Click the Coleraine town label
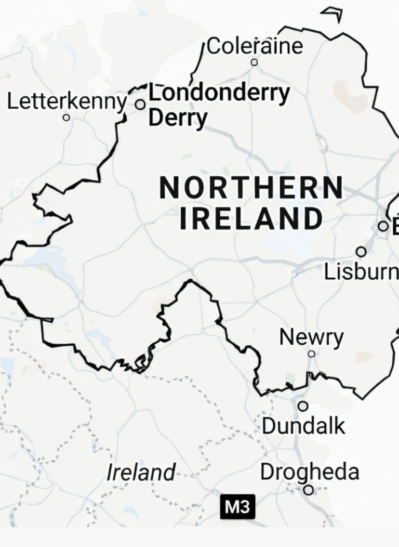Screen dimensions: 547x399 [x=255, y=46]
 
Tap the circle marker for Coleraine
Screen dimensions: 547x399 [x=254, y=62]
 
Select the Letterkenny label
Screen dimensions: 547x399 [x=67, y=101]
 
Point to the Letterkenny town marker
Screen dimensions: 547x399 [x=66, y=118]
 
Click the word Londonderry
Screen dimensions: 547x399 [x=219, y=94]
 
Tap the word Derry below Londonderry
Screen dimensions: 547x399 [x=178, y=118]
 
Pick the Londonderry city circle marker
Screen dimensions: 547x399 [x=140, y=105]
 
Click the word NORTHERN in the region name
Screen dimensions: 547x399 [x=251, y=188]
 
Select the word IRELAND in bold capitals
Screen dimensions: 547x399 [x=251, y=218]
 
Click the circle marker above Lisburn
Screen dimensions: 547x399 [x=361, y=252]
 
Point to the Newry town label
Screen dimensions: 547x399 [x=311, y=337]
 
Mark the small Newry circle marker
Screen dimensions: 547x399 [x=311, y=354]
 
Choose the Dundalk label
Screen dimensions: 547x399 [x=303, y=426]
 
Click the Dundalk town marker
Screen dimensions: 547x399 [x=303, y=406]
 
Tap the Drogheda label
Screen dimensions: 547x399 [x=310, y=472]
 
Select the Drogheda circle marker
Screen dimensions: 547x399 [x=309, y=490]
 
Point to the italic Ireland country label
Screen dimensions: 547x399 [x=141, y=473]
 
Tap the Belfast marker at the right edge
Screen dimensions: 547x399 [x=383, y=226]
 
